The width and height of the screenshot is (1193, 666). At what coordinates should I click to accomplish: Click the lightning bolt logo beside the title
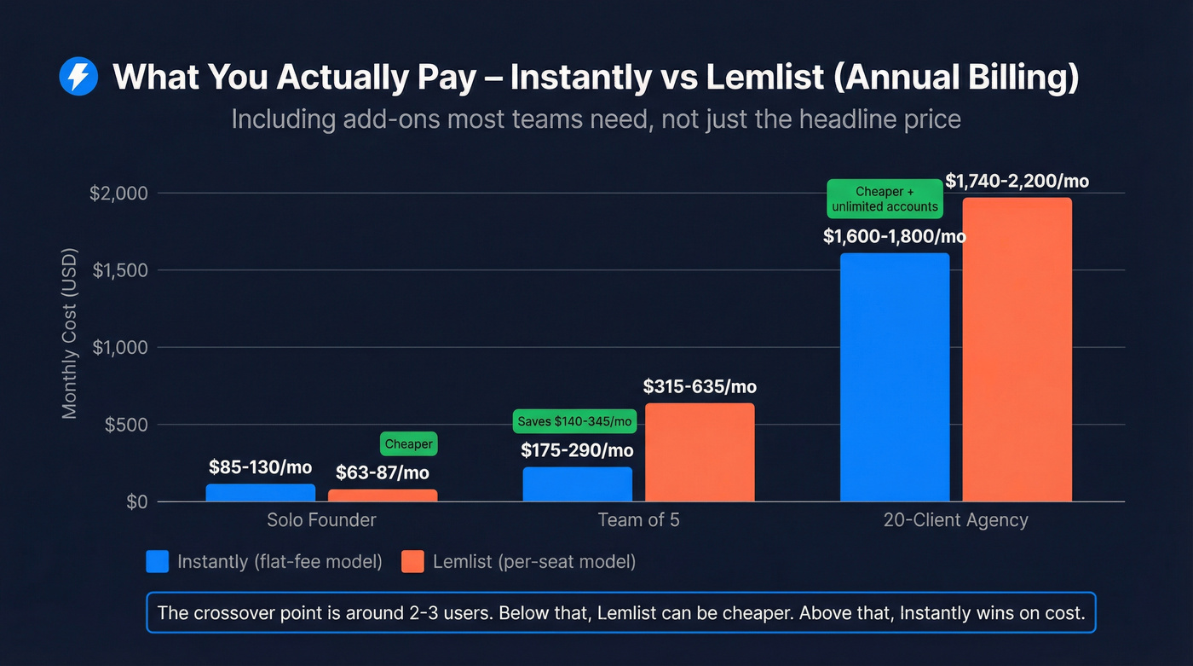coord(78,78)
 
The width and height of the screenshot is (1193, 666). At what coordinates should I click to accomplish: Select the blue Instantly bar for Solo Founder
coord(261,493)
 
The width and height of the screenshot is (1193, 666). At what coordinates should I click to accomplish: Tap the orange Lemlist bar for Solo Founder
coord(383,495)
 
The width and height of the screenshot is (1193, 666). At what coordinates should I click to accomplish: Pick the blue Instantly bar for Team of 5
coord(578,484)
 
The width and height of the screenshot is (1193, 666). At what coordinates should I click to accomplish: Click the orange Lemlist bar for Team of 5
coord(700,453)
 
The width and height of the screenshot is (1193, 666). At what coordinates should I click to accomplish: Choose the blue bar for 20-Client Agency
coord(895,377)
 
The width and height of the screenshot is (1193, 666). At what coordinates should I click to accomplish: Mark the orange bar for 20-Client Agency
coord(1017,350)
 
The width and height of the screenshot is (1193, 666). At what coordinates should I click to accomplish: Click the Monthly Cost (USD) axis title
coord(70,333)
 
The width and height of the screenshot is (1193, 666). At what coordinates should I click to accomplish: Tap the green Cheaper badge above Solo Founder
coord(409,444)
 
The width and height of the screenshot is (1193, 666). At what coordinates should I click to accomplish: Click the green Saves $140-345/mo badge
coord(575,421)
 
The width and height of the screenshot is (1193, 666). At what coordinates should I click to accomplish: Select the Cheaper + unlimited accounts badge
coord(885,200)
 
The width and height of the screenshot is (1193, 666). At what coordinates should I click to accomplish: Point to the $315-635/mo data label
coord(700,387)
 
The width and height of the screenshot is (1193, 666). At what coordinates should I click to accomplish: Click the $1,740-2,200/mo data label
coord(1017,181)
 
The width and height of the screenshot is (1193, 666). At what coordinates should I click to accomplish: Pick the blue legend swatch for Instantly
coord(158,561)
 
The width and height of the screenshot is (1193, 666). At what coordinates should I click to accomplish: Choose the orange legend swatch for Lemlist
coord(412,561)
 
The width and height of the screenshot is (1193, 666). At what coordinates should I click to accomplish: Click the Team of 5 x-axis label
coord(638,519)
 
